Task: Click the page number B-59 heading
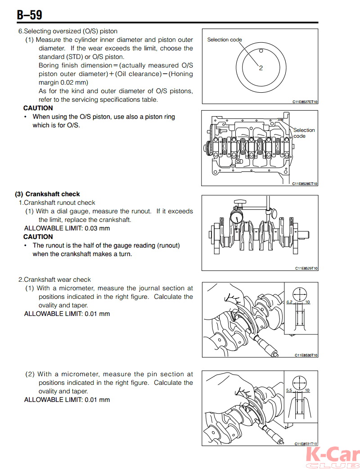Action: coord(30,15)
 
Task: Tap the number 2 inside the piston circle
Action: coord(261,68)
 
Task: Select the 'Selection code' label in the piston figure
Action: coord(224,40)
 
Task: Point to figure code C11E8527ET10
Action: coord(305,102)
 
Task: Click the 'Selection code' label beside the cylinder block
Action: coord(304,133)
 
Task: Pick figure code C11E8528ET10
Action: coord(305,184)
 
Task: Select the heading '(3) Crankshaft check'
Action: coord(47,194)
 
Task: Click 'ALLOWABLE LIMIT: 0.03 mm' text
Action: coord(67,228)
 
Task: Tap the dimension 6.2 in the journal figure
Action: coord(289,302)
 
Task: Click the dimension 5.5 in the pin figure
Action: coord(289,390)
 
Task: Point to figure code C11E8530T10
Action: coord(306,355)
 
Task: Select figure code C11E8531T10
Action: coord(306,443)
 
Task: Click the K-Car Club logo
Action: coord(332,457)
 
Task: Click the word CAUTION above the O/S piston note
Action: coord(38,108)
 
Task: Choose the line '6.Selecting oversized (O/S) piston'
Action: coord(67,31)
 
